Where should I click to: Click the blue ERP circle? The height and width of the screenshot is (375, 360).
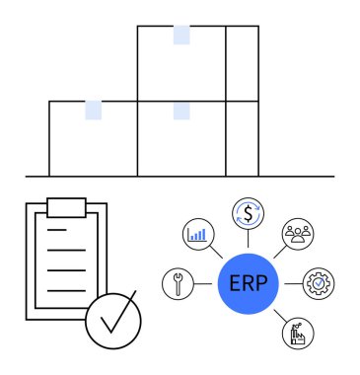tap(247, 283)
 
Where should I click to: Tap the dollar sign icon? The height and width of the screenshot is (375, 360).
tap(248, 211)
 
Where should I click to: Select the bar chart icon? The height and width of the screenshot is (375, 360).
tap(196, 234)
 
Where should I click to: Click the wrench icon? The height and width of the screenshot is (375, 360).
tap(177, 283)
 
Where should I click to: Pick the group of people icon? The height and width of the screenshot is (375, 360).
tap(298, 233)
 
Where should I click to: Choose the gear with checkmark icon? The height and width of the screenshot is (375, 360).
tap(319, 283)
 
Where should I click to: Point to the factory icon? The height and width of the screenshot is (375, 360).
tap(297, 334)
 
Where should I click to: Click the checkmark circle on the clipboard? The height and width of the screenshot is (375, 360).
tap(112, 322)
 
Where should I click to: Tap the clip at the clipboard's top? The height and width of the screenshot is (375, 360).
tap(66, 206)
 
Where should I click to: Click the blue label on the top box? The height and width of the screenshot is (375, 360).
tap(181, 36)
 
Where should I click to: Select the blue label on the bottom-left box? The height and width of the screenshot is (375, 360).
tap(93, 110)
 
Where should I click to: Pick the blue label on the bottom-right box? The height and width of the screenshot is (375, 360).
tap(181, 110)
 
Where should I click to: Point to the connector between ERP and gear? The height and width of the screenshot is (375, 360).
tap(291, 283)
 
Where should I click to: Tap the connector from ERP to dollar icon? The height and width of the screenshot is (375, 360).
tap(248, 240)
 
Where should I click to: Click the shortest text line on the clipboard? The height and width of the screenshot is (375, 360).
tap(57, 230)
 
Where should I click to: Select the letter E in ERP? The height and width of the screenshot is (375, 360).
tap(234, 283)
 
